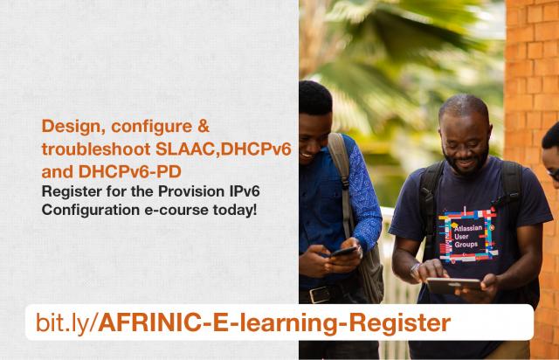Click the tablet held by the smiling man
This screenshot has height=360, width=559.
point(453,285)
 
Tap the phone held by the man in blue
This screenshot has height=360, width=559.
point(342,251)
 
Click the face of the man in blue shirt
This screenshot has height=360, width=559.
point(317,116)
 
